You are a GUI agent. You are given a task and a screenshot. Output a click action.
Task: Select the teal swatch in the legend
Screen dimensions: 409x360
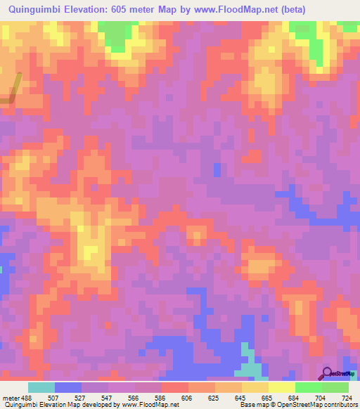pyautogui.click(x=41, y=387)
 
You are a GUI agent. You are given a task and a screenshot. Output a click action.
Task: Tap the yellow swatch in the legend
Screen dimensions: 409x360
pyautogui.click(x=281, y=387)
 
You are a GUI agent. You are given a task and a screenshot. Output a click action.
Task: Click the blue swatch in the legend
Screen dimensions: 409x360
pyautogui.click(x=68, y=387)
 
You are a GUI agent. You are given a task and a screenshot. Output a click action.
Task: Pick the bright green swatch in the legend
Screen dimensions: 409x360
pyautogui.click(x=308, y=387)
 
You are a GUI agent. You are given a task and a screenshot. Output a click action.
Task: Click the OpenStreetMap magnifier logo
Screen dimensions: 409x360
pyautogui.click(x=326, y=373)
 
